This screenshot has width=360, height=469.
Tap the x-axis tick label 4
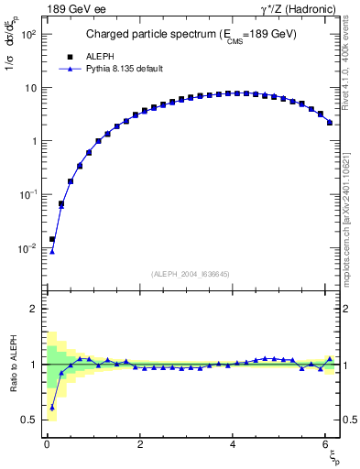tap(233, 444)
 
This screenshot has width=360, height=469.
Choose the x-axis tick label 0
tap(47, 444)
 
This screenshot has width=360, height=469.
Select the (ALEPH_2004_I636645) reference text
tap(189, 274)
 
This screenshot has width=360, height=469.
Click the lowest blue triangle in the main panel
tap(52, 252)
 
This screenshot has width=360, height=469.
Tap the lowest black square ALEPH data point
tap(52, 239)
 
